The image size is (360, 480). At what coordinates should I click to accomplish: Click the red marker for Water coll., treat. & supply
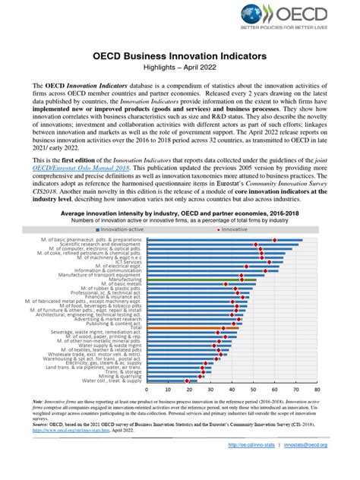pyautogui.click(x=188, y=381)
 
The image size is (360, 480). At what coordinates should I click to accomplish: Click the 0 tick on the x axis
pyautogui.click(x=146, y=388)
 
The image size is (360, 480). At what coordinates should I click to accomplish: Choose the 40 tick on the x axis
pyautogui.click(x=231, y=388)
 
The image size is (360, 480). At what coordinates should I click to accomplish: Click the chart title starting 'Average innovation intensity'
pyautogui.click(x=180, y=214)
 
